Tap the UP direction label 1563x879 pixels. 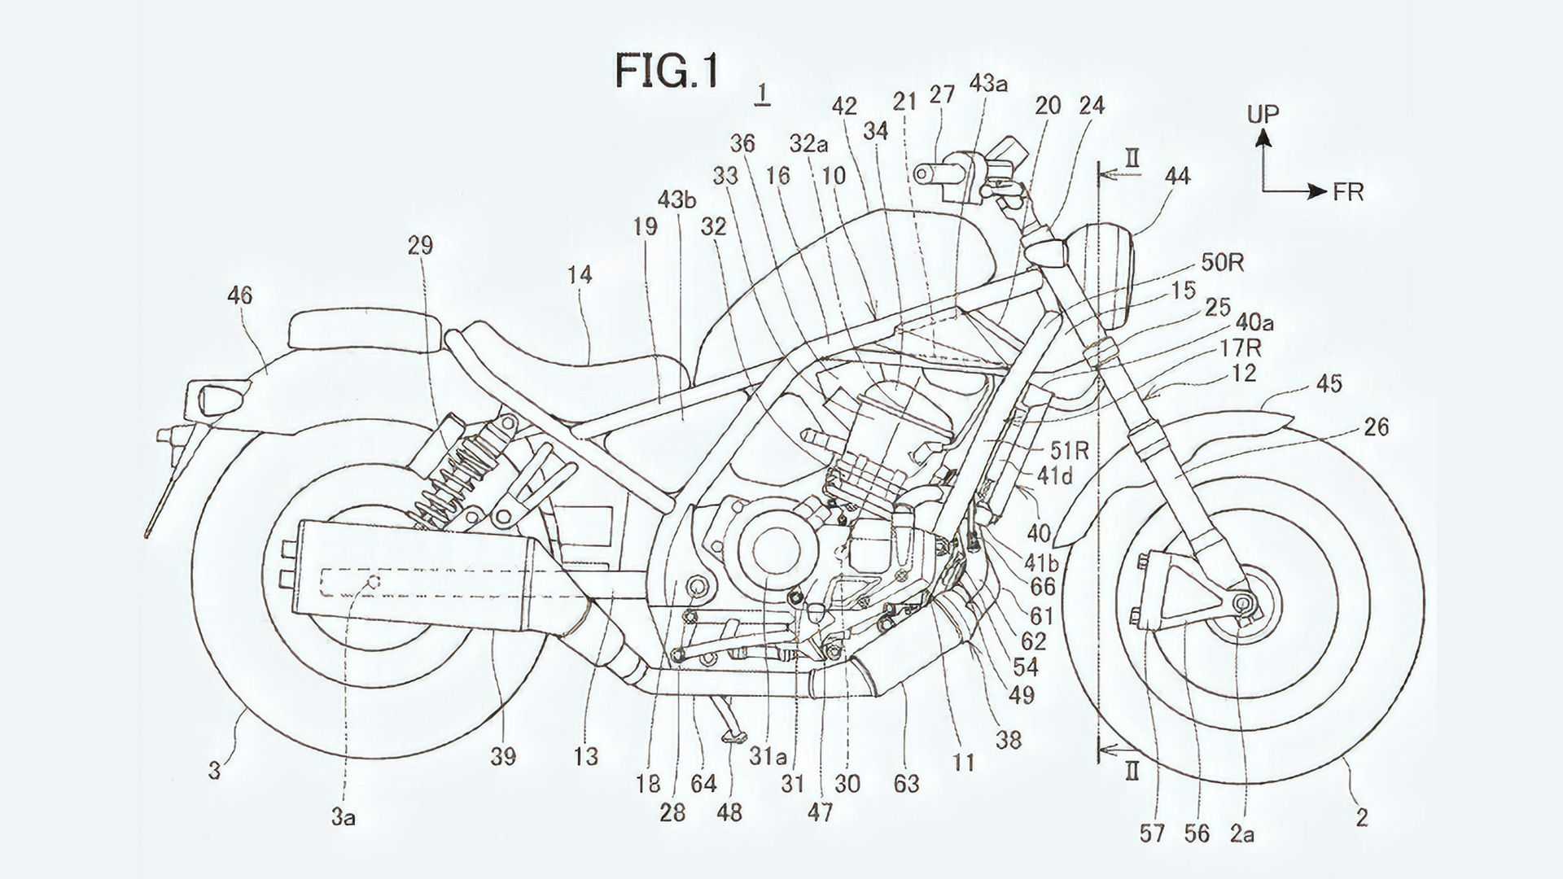point(1263,114)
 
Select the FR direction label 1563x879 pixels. point(1348,192)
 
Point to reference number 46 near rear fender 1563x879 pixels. point(240,295)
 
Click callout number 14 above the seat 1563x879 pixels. point(580,275)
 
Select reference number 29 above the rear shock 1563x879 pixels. point(420,245)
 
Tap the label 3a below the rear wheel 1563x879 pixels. point(343,816)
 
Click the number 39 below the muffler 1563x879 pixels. point(503,756)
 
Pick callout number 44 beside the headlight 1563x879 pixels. point(1177,176)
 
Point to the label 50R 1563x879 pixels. point(1223,263)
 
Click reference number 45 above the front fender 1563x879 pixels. point(1329,383)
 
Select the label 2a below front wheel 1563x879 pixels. point(1241,833)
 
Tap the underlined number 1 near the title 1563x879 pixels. point(762,94)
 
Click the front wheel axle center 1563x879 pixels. point(1243,602)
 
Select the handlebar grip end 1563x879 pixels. point(922,173)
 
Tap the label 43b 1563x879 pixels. point(677,200)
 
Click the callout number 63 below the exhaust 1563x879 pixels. point(906,783)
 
